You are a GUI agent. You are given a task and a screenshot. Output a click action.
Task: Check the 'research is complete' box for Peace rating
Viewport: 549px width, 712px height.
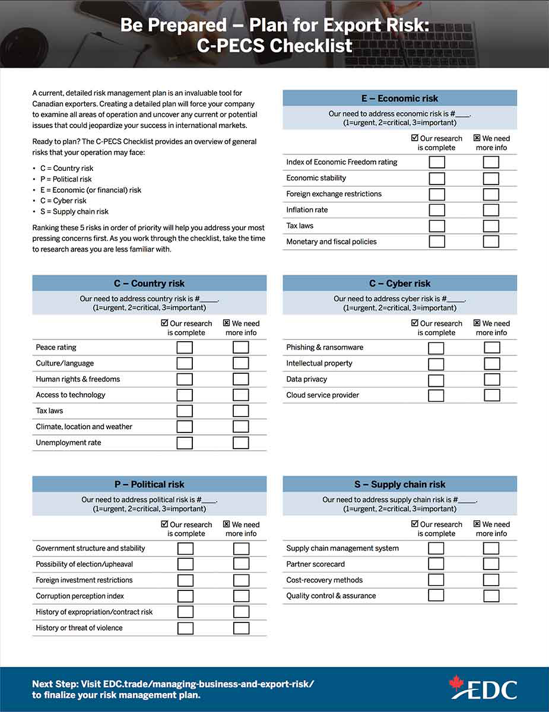tap(185, 348)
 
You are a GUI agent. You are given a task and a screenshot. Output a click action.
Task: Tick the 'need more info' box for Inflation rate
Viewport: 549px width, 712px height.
tap(491, 210)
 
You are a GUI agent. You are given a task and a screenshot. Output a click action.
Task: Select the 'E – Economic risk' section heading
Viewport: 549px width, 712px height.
tap(399, 98)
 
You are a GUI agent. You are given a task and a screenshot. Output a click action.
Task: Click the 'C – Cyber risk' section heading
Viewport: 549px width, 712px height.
tap(399, 284)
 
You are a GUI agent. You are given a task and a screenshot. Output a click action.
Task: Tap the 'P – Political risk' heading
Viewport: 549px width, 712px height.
tap(150, 484)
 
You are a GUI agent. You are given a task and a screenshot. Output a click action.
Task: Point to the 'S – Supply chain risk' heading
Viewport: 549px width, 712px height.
tap(399, 484)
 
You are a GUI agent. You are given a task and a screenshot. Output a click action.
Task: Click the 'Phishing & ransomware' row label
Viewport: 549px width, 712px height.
tap(325, 348)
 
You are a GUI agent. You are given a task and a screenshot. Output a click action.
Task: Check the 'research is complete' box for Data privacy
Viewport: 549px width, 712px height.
tap(436, 380)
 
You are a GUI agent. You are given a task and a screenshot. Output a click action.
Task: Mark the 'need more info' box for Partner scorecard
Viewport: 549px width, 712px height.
tap(491, 564)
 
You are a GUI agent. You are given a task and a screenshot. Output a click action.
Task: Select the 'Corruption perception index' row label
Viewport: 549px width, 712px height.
tap(80, 596)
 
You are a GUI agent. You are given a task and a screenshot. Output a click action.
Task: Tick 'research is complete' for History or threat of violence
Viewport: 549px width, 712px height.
tap(185, 628)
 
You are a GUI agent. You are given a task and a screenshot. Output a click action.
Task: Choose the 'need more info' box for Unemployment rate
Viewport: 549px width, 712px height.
tap(240, 443)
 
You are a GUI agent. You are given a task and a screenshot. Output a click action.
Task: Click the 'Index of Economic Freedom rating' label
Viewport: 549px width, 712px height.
tap(342, 162)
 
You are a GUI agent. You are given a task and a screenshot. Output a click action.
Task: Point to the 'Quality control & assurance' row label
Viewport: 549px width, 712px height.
tap(331, 596)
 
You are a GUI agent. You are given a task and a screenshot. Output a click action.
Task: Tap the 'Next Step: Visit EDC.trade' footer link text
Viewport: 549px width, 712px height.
tap(173, 684)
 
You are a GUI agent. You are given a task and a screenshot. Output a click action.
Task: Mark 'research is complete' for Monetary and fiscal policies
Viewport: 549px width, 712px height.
tap(437, 241)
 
